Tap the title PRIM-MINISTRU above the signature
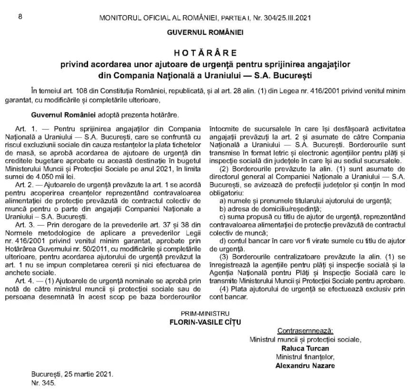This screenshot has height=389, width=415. [205, 313]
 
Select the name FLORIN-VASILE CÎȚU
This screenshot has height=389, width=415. [205, 322]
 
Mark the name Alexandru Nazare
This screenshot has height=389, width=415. [305, 365]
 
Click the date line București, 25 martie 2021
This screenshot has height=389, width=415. [72, 374]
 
